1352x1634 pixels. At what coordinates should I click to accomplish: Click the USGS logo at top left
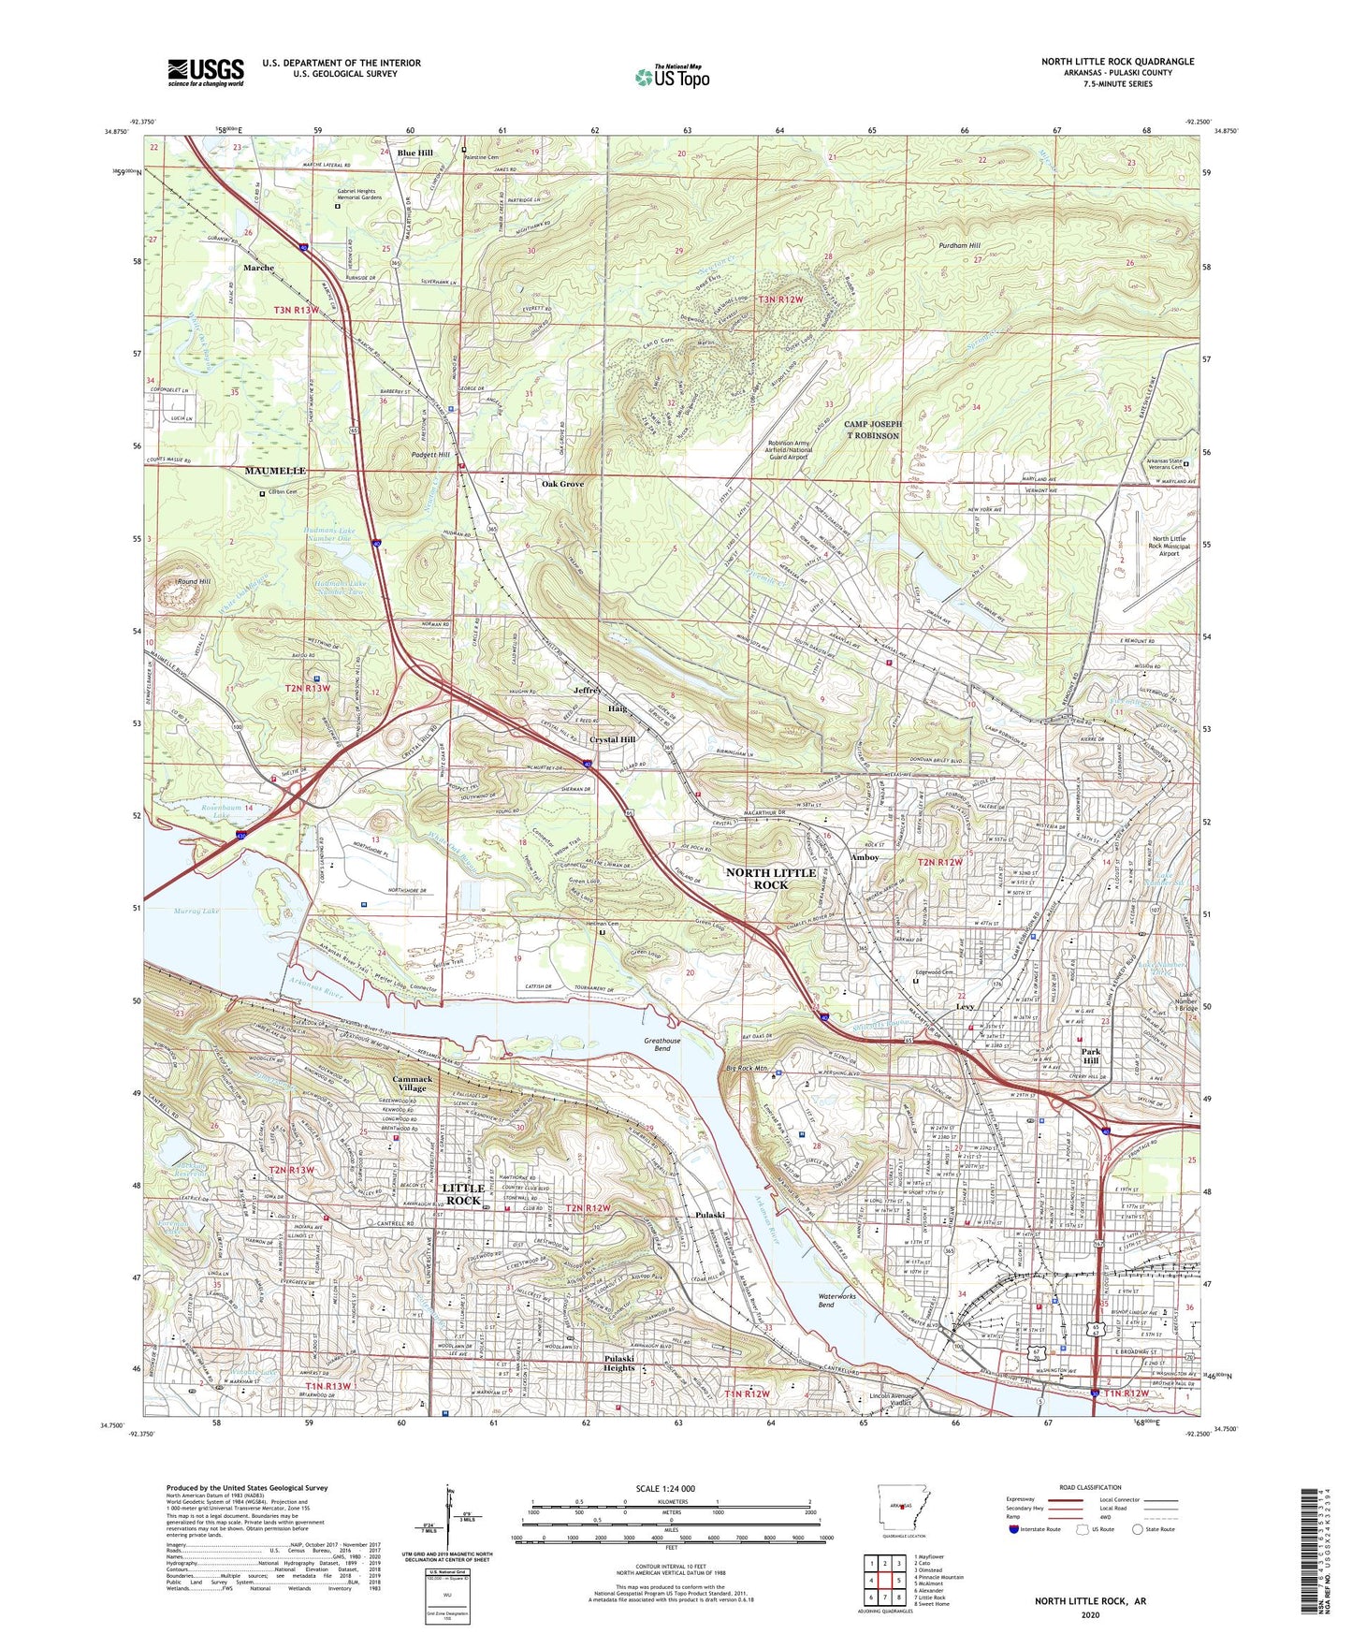coord(206,72)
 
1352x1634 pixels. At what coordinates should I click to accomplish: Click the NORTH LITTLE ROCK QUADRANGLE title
coord(1117,62)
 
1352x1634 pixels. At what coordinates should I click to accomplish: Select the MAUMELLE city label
coord(275,471)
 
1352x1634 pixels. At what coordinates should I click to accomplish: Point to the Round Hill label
coord(194,582)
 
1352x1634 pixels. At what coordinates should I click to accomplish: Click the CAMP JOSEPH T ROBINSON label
coord(872,430)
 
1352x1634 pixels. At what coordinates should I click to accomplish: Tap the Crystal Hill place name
coord(612,739)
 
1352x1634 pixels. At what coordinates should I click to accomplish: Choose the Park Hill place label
coord(1091,1056)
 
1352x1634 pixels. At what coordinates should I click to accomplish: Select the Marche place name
coord(259,268)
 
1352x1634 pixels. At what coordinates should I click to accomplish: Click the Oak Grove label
coord(562,484)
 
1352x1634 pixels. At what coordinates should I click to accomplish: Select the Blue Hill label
coord(414,153)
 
